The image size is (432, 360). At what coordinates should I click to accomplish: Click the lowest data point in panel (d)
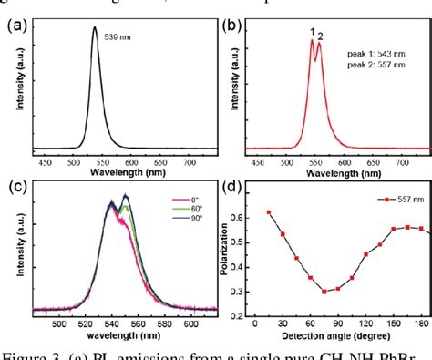324,292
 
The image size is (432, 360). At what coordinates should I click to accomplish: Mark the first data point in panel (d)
269,212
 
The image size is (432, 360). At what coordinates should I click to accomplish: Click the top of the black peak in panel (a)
95,26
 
